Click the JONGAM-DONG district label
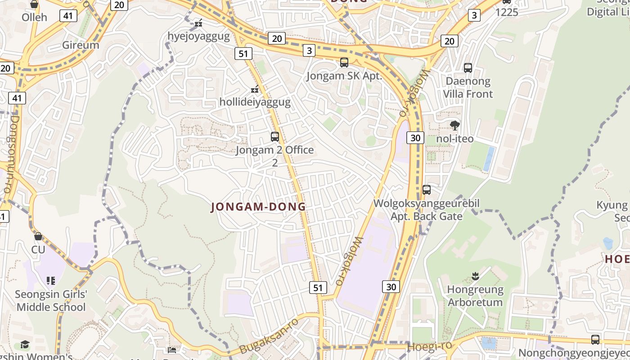[x=258, y=207]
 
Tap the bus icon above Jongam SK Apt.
[x=344, y=63]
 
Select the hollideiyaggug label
[x=255, y=102]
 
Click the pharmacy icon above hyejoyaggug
[x=198, y=22]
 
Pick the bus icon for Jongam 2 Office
[x=274, y=136]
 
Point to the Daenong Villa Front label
[x=468, y=88]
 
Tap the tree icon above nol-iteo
[x=455, y=126]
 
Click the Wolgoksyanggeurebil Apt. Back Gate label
[x=426, y=210]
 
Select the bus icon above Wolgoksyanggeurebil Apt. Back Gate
[x=427, y=190]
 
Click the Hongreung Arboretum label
[x=475, y=296]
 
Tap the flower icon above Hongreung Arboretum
[x=475, y=275]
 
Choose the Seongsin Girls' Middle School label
[x=50, y=301]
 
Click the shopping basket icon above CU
[x=38, y=236]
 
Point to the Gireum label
[x=81, y=45]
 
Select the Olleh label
[x=34, y=18]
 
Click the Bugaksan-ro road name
[x=269, y=336]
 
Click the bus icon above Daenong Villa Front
[x=468, y=68]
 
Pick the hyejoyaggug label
[x=198, y=36]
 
